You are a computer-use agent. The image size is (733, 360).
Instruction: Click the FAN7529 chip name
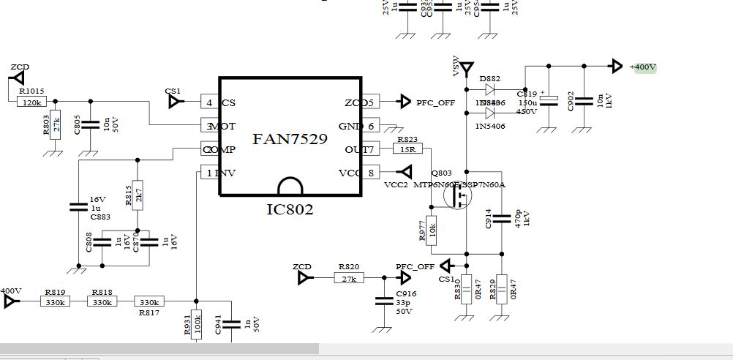[290, 139]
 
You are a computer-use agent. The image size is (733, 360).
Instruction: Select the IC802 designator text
[290, 210]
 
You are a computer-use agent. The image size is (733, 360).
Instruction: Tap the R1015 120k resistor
[32, 102]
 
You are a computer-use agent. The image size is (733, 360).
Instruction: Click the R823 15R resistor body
[407, 149]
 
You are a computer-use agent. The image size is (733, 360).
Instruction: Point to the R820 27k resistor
[349, 278]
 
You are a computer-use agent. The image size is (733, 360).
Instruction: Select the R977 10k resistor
[432, 230]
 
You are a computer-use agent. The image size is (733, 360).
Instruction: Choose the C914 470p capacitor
[502, 218]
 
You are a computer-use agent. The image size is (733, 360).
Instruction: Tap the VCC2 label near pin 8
[396, 184]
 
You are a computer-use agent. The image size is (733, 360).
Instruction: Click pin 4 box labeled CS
[209, 103]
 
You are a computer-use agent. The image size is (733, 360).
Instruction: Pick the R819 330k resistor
[56, 301]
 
